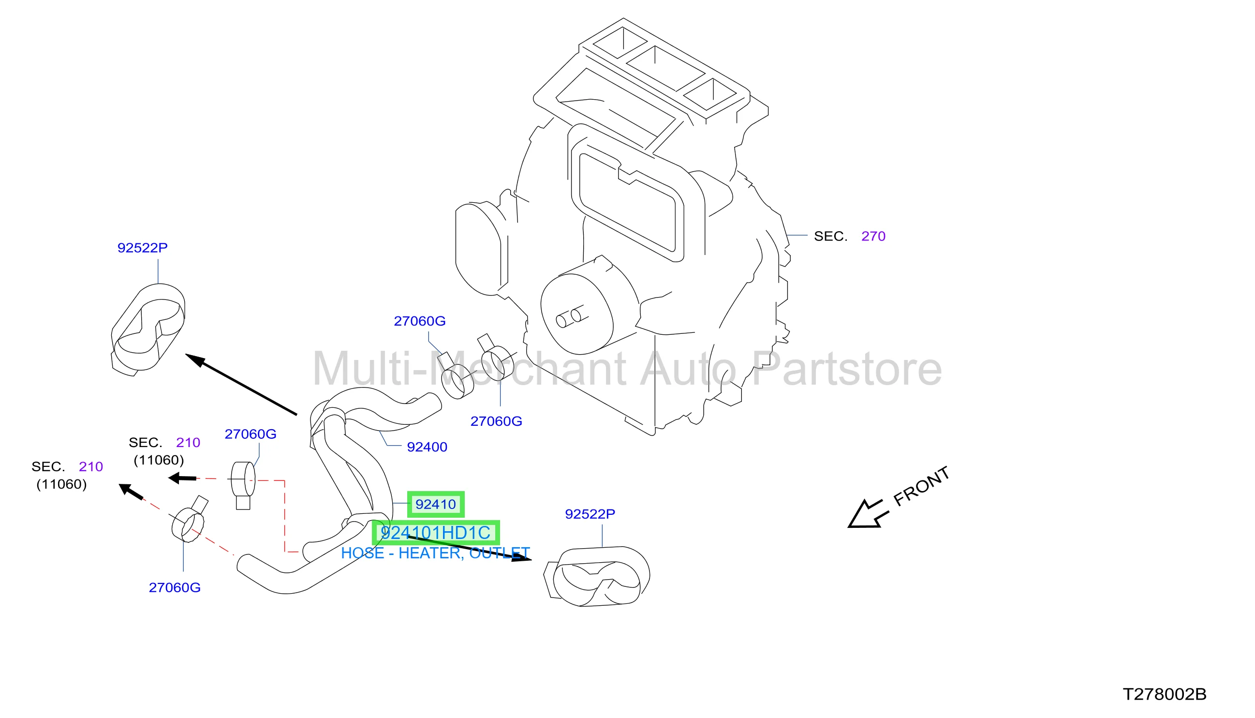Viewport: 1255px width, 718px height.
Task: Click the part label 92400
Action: click(x=427, y=447)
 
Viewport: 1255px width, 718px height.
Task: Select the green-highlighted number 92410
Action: click(x=436, y=504)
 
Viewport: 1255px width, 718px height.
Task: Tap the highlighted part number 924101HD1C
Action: click(x=436, y=533)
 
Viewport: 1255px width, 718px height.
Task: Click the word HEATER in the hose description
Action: click(x=430, y=553)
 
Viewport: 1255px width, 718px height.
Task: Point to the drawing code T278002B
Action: click(x=1165, y=694)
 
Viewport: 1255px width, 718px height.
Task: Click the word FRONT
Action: click(x=921, y=486)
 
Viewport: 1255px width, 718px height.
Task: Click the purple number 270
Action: click(x=873, y=236)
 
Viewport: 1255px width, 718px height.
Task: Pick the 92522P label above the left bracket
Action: click(x=143, y=248)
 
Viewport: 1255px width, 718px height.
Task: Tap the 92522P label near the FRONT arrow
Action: click(x=590, y=514)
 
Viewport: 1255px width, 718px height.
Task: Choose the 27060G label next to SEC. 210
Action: click(x=251, y=434)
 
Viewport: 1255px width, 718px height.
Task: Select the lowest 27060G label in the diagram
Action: click(x=175, y=587)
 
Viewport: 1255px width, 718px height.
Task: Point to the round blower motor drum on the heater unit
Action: click(x=577, y=314)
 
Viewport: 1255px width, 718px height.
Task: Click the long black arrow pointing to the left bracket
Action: click(x=241, y=384)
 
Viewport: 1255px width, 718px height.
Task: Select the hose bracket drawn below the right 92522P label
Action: click(x=596, y=576)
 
